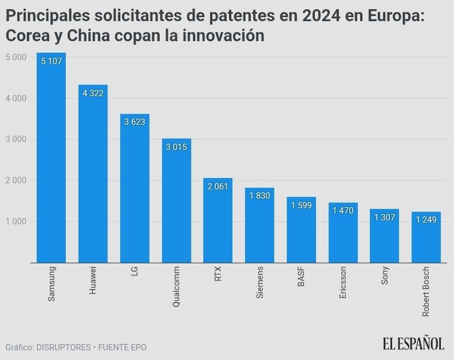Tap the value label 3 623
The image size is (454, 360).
[135, 121]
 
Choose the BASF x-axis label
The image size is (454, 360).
[301, 276]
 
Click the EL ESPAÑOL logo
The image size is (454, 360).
[413, 343]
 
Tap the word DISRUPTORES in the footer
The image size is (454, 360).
[63, 347]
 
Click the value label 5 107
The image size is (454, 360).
[51, 61]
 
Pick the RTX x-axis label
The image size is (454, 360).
[218, 273]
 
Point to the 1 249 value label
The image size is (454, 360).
[426, 220]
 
